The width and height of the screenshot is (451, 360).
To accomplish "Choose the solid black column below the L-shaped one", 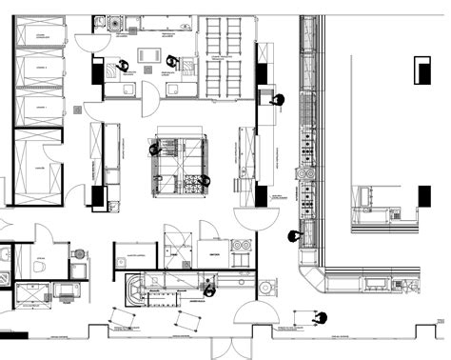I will [422, 193].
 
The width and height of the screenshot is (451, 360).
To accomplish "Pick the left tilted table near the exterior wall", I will [124, 317].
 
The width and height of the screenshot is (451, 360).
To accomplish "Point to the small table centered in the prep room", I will [147, 55].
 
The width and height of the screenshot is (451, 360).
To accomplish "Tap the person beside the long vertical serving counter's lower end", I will [294, 235].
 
